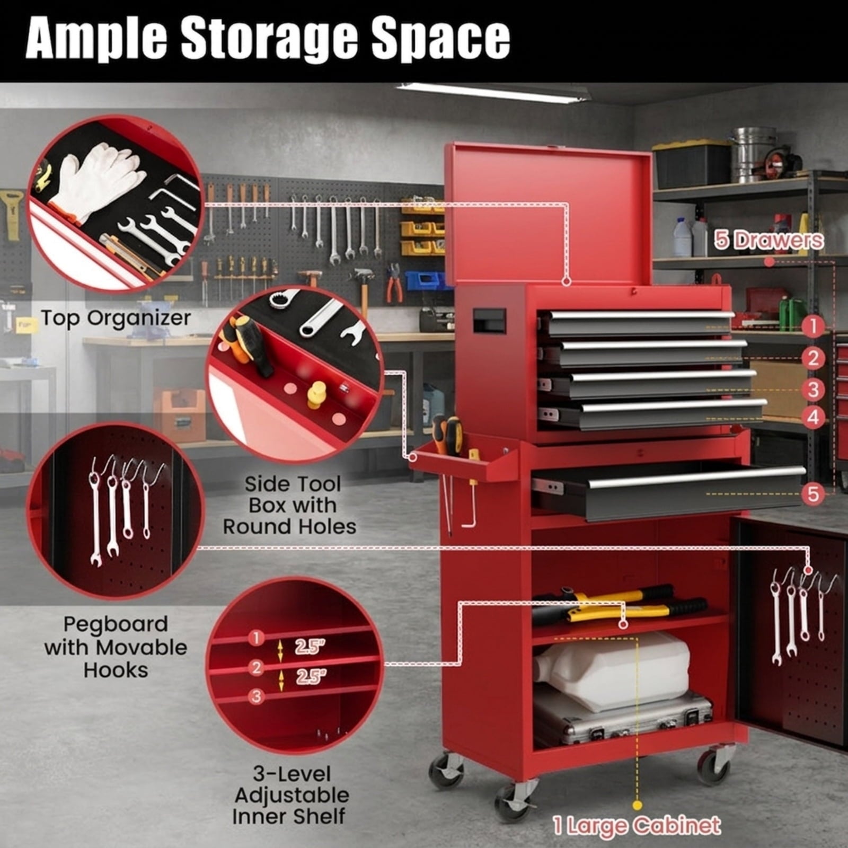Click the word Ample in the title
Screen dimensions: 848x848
click(x=97, y=39)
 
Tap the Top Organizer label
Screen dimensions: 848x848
click(x=116, y=319)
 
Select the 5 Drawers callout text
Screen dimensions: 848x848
click(x=768, y=240)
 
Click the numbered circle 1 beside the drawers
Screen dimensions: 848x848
click(x=813, y=326)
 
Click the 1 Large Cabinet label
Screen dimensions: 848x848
click(x=637, y=825)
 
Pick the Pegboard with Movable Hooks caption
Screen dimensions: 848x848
click(x=116, y=647)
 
